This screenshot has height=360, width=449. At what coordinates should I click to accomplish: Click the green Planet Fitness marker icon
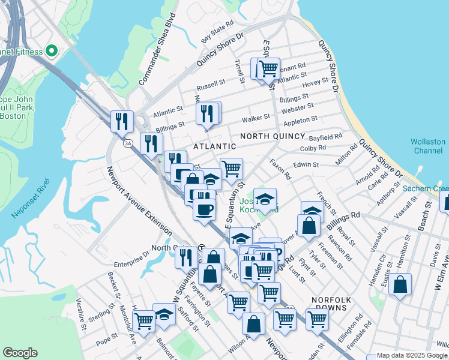[51, 52]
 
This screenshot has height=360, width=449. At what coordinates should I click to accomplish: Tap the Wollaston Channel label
[428, 146]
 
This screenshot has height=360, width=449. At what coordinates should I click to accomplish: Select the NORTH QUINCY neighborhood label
[270, 137]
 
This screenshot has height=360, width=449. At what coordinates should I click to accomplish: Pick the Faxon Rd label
[280, 170]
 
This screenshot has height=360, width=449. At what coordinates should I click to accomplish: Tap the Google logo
[20, 353]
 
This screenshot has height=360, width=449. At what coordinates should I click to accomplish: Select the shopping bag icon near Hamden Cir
[400, 284]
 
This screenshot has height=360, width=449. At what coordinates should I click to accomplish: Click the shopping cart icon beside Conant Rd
[268, 69]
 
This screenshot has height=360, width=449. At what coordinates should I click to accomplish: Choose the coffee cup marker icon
[204, 210]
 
